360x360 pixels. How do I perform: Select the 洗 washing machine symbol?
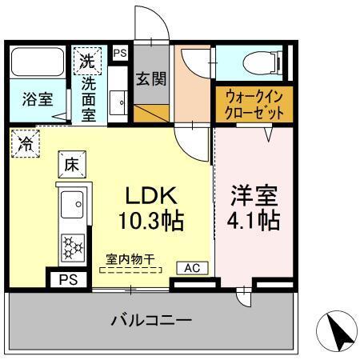pyautogui.click(x=87, y=59)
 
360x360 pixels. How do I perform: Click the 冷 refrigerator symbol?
pyautogui.click(x=26, y=145)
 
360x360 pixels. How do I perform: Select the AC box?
pyautogui.click(x=193, y=267)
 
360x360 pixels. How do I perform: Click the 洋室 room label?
pyautogui.click(x=254, y=194)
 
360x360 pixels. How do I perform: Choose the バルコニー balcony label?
pyautogui.click(x=151, y=321)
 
